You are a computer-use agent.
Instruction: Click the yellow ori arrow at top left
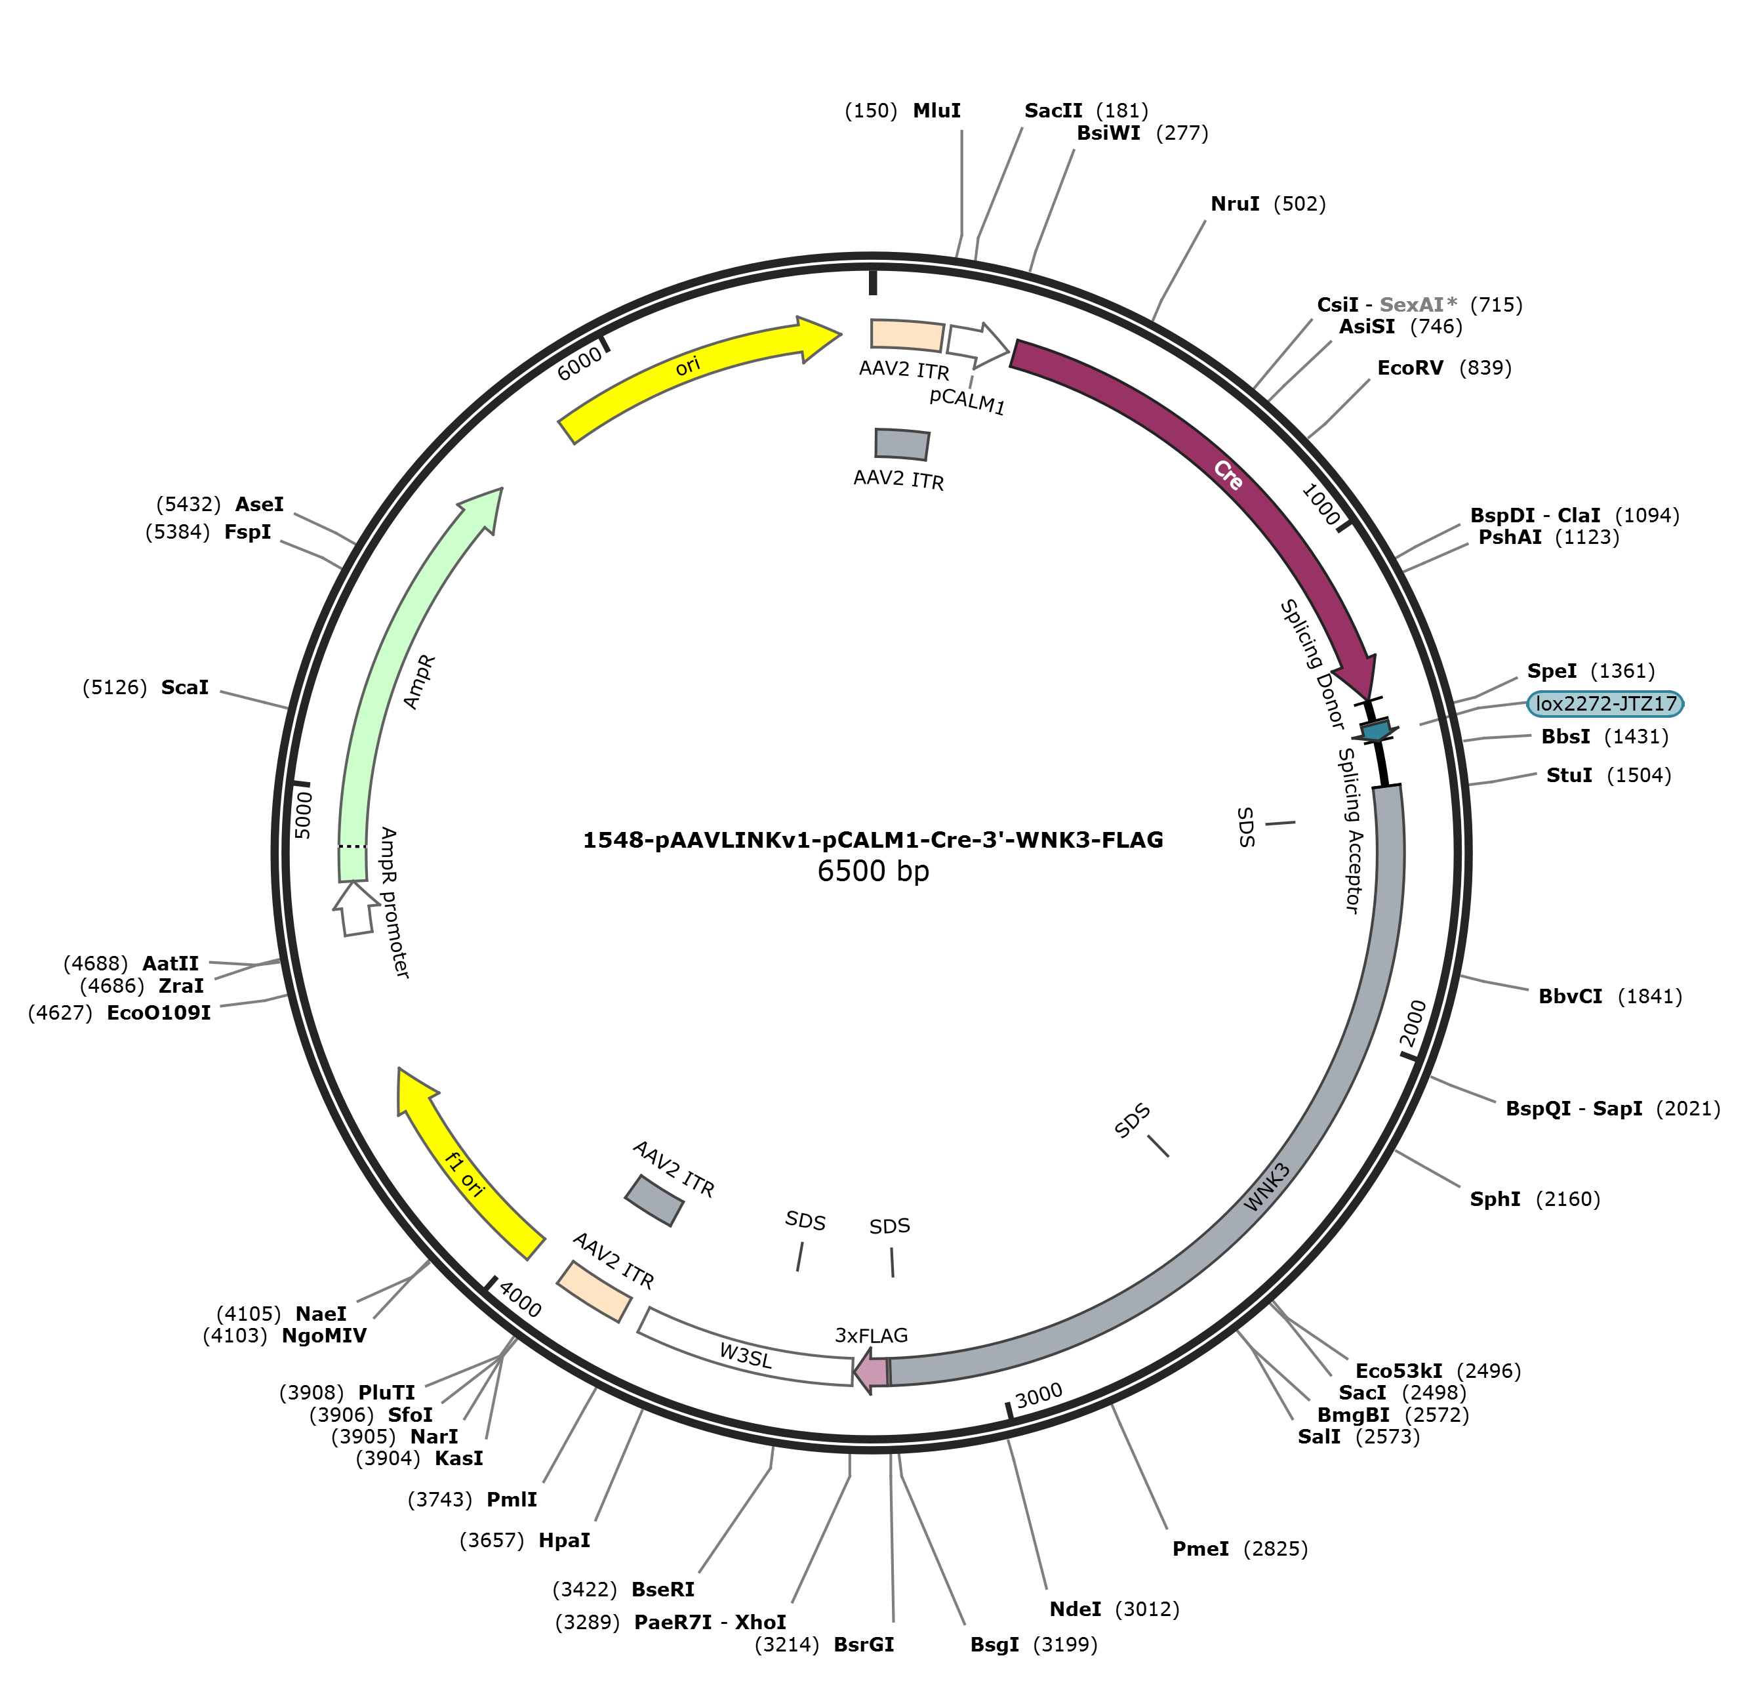pos(688,368)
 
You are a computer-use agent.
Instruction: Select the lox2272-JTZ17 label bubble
pos(1605,704)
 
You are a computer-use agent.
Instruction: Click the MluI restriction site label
pos(936,111)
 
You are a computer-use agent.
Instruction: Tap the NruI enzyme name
pos(1235,204)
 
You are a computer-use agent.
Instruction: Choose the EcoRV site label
pos(1410,368)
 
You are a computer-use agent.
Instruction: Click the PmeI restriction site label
pos(1199,1548)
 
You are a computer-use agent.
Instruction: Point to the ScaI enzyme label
pos(184,687)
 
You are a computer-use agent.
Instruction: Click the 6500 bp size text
pos(873,871)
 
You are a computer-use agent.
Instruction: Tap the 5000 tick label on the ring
pos(303,814)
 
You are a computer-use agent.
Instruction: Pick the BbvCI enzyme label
pos(1569,997)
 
